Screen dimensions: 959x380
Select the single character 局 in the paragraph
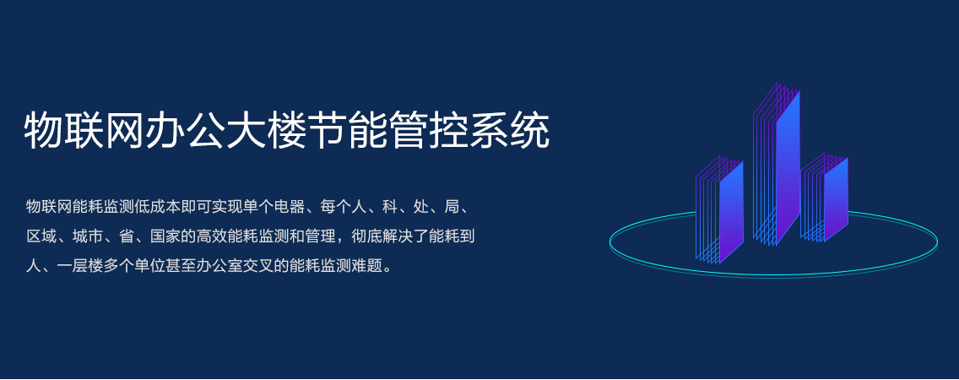tap(452, 207)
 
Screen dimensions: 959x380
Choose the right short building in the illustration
tap(825, 197)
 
